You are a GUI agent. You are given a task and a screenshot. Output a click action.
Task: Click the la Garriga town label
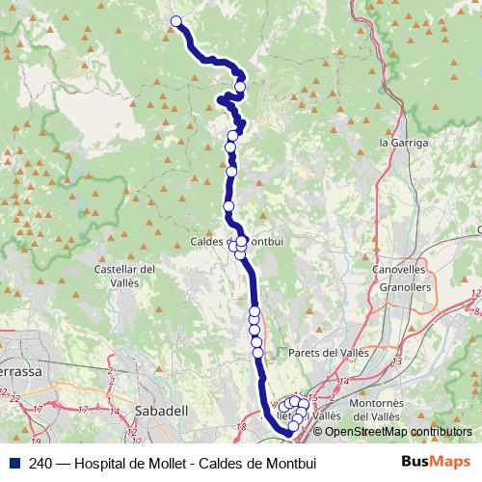(x=403, y=142)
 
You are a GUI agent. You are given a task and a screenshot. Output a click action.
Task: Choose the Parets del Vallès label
(x=328, y=354)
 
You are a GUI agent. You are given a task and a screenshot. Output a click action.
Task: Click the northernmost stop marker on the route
(x=175, y=21)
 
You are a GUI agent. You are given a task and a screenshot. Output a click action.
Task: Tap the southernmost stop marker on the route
(x=294, y=425)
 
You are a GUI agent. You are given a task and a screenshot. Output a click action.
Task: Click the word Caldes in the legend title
(x=219, y=462)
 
